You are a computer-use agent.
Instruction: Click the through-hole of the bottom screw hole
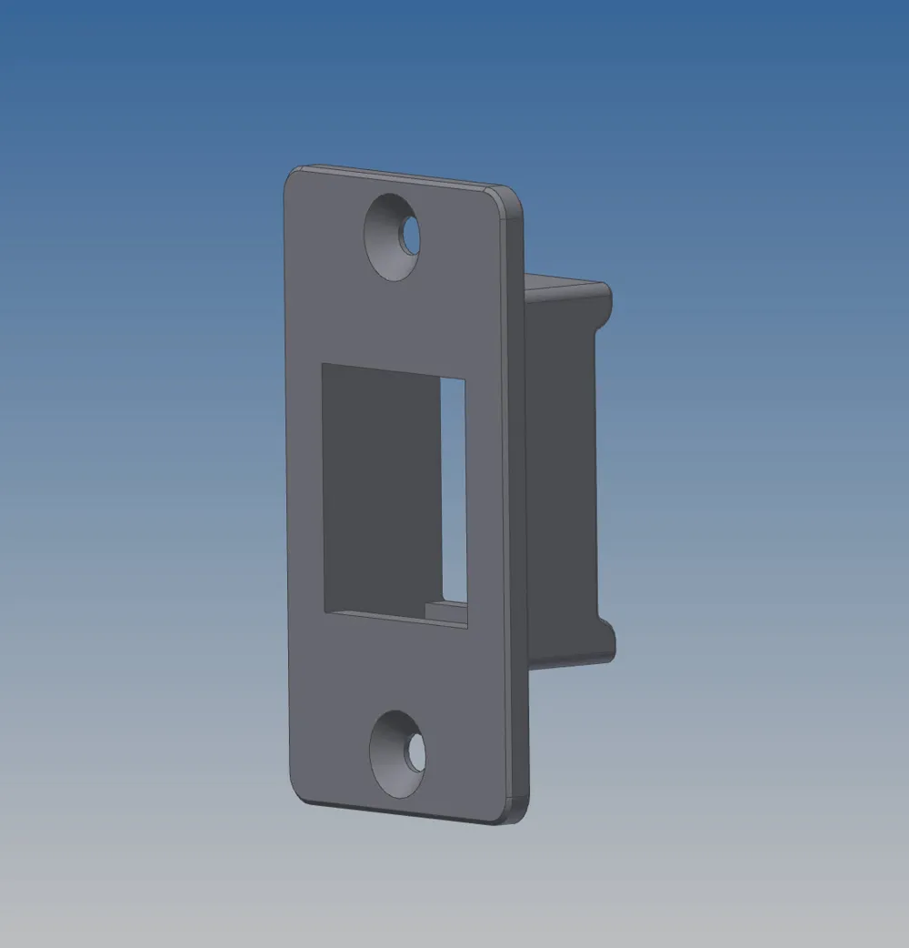coord(416,753)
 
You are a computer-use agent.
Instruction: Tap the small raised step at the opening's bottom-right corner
coord(446,609)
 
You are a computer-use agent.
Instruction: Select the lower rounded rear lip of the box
coord(607,642)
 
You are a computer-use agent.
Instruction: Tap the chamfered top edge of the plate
coord(400,176)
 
